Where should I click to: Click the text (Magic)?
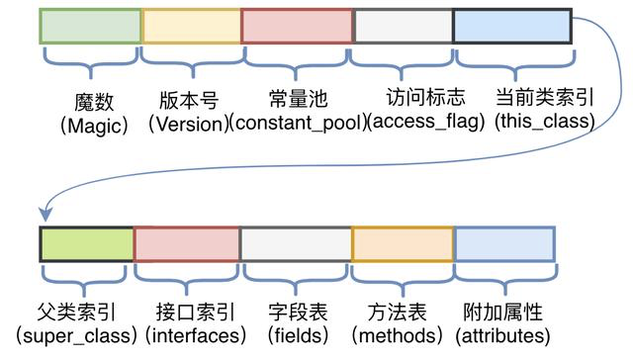89,124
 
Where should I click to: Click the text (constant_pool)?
297,124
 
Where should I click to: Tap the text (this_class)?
545,124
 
